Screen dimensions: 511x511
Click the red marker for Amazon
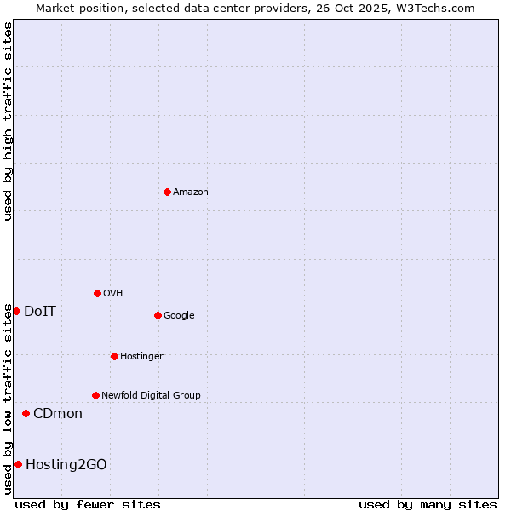click(167, 192)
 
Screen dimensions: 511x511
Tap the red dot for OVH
click(97, 293)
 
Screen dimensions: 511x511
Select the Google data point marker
click(158, 315)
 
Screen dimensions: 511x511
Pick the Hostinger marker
click(114, 356)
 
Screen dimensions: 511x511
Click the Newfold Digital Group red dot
click(95, 395)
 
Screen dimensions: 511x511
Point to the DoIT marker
click(16, 311)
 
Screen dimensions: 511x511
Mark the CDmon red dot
click(26, 413)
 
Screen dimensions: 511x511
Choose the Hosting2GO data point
click(18, 464)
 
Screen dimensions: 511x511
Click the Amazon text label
click(191, 192)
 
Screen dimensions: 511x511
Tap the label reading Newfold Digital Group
click(151, 395)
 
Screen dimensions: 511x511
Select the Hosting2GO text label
click(66, 464)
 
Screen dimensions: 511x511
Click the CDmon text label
click(58, 414)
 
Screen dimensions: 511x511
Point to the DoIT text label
click(40, 312)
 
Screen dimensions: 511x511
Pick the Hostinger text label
click(141, 356)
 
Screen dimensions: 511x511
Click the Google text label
click(179, 316)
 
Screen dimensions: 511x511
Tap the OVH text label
click(113, 294)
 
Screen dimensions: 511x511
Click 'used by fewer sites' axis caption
click(88, 504)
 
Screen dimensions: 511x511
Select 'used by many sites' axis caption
click(428, 504)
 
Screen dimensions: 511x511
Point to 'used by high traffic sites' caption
click(8, 121)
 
